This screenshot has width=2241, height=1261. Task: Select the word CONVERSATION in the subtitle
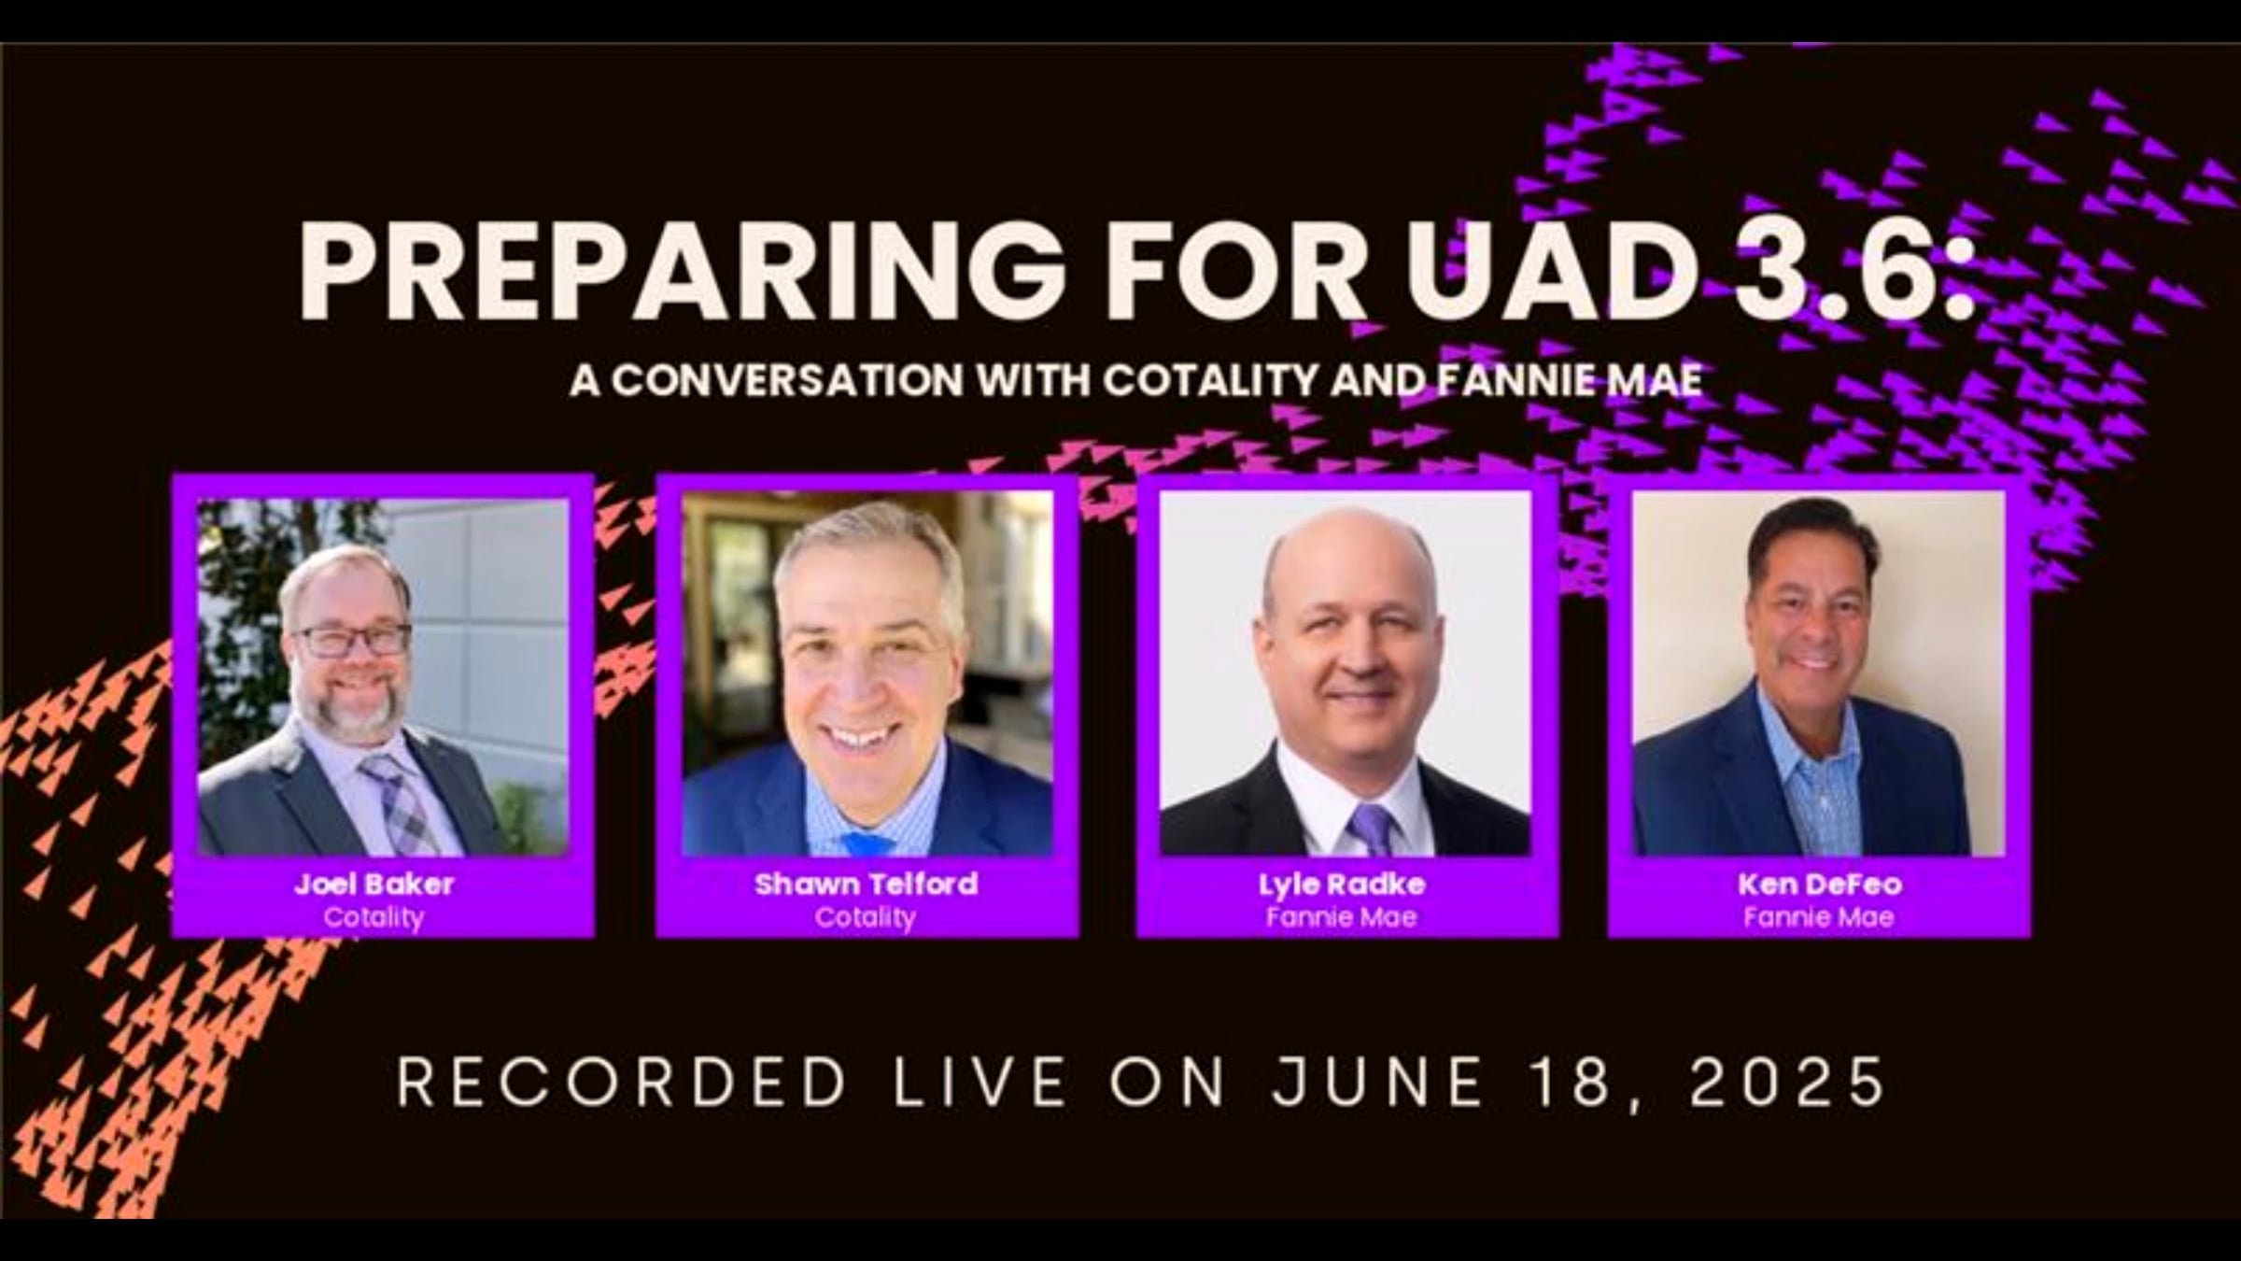(x=787, y=380)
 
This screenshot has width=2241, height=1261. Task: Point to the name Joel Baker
(x=374, y=884)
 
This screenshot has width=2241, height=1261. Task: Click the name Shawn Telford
(x=866, y=884)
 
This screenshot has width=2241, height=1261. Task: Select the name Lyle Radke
(x=1342, y=884)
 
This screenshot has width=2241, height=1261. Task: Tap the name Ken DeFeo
(x=1819, y=884)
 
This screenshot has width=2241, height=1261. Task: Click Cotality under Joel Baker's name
(x=373, y=917)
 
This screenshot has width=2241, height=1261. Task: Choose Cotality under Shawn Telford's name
(x=865, y=917)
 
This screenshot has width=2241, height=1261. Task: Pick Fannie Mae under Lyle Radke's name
(x=1342, y=917)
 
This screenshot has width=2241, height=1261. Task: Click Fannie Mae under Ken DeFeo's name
(x=1819, y=917)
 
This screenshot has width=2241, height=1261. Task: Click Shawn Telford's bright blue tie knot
(x=866, y=843)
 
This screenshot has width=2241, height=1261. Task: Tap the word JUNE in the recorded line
(x=1377, y=1084)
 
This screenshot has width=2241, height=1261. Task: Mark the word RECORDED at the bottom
(x=621, y=1084)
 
